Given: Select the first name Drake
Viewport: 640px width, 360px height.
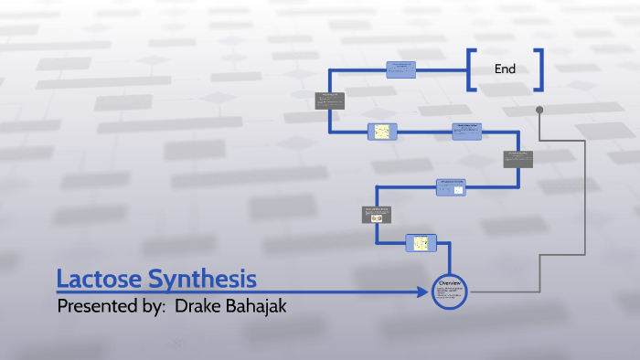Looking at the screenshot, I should [x=197, y=306].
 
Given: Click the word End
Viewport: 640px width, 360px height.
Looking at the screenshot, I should [x=505, y=69].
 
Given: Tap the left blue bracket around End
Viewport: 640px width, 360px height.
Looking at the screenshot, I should [x=471, y=69].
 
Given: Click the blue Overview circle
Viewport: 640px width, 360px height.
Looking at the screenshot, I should [x=450, y=291].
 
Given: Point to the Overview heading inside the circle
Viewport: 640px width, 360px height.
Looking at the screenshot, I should [x=450, y=282].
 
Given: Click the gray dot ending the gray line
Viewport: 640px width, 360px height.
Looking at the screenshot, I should [x=539, y=110].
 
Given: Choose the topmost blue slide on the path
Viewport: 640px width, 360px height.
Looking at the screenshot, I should [x=402, y=69].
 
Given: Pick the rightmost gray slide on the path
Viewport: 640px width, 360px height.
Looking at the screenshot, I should [x=518, y=158].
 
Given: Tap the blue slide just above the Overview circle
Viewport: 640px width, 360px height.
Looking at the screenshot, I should [x=421, y=242].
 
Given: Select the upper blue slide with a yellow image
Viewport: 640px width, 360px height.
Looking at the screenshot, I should [x=381, y=132].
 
